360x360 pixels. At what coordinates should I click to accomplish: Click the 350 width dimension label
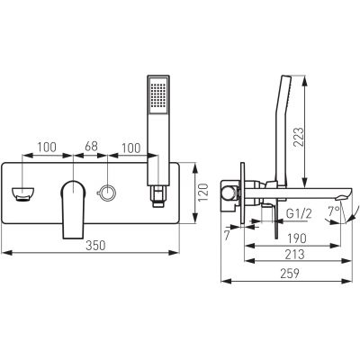96,246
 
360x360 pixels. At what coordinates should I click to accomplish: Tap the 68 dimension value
91,147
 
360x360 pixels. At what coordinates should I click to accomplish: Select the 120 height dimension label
203,193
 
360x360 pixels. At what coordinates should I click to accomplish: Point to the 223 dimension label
299,137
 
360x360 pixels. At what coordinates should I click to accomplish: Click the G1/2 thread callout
299,213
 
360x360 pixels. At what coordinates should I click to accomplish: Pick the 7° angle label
333,211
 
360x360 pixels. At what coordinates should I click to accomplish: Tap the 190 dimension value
296,238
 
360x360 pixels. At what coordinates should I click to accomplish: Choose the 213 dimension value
294,255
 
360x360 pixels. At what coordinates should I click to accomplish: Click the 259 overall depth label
290,274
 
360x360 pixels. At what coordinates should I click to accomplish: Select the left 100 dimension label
46,148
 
